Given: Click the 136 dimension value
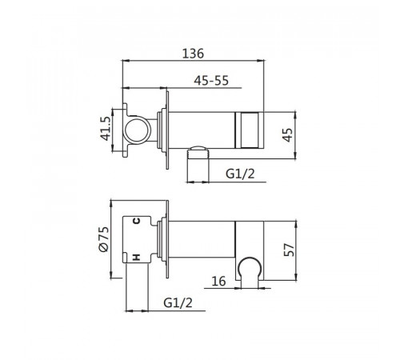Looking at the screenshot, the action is pos(193,54).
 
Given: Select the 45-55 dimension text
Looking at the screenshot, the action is pos(211,81).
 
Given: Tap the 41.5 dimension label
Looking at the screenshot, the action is pos(106,129).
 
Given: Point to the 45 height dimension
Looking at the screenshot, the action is pos(287,135).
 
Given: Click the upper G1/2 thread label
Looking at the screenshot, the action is pos(240,174).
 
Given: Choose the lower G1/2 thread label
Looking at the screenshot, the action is pos(178,302).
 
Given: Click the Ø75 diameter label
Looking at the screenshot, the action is pos(104,239).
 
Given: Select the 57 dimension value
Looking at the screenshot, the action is pos(289,250).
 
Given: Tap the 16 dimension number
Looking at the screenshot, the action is pos(218,281).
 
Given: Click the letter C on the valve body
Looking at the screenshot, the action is pos(136,221).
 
